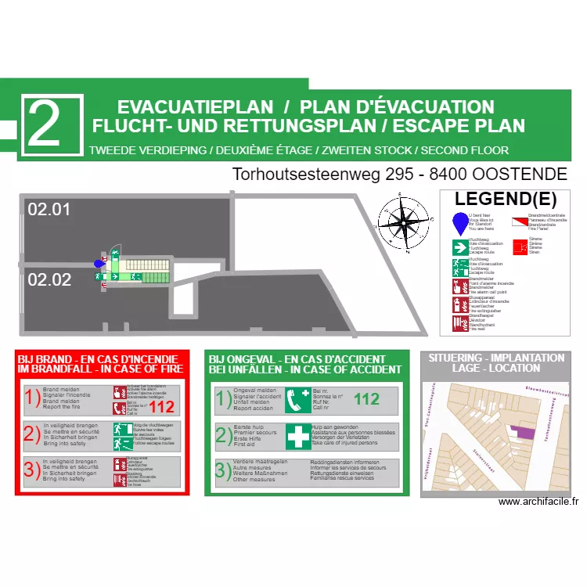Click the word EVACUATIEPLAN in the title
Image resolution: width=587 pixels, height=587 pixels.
coord(195,107)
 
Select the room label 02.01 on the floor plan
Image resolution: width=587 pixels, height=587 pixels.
coord(49,209)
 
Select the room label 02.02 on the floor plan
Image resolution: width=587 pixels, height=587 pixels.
coord(49,279)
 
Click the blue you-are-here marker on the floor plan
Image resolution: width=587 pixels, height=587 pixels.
coord(99,264)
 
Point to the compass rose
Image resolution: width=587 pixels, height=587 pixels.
coord(404,223)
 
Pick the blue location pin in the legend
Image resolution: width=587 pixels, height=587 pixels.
coord(459,223)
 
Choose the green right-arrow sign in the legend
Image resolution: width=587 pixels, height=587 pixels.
coord(459,247)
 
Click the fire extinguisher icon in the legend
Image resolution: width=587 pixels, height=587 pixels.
coord(459,304)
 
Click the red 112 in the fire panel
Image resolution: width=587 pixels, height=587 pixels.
coord(161,407)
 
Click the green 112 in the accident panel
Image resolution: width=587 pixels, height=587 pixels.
coord(366,399)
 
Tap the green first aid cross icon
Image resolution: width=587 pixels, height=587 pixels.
coord(298,436)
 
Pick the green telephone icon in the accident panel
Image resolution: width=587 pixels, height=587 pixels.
coord(298,400)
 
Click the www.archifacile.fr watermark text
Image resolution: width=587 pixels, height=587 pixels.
coord(537,502)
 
